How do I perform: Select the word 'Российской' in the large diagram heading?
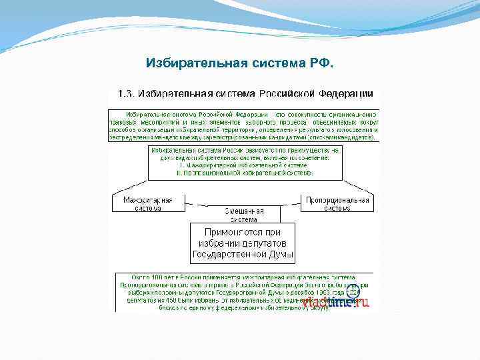[278, 94]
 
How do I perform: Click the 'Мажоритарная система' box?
[147, 203]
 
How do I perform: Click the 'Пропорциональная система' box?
[337, 203]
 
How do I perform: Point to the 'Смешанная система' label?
[244, 214]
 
